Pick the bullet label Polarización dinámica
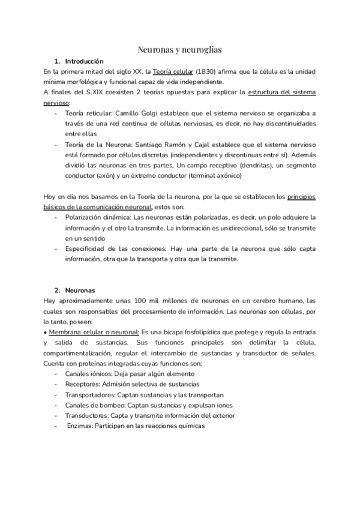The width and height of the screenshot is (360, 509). tap(97, 217)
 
